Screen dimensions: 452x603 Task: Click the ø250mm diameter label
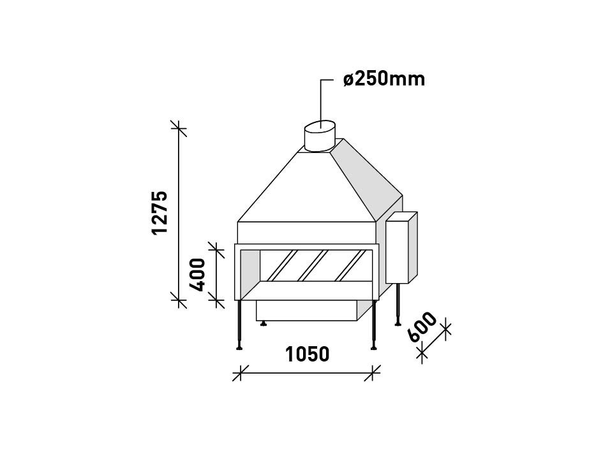[x=383, y=80]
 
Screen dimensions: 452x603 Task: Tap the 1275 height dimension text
[x=160, y=212]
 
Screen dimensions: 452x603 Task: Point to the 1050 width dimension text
[x=307, y=354]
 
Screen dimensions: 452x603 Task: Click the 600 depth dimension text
[x=423, y=327]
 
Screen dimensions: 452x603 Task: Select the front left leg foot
[x=239, y=347]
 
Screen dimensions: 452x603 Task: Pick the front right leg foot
[x=374, y=347]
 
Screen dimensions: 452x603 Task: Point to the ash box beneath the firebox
[x=306, y=311]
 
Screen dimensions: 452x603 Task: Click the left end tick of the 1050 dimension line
[x=239, y=372]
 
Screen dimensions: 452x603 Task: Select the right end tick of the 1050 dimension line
[x=373, y=372]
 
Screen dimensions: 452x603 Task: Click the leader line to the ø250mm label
[x=322, y=96]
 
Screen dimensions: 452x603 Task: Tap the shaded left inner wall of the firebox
[x=249, y=271]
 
